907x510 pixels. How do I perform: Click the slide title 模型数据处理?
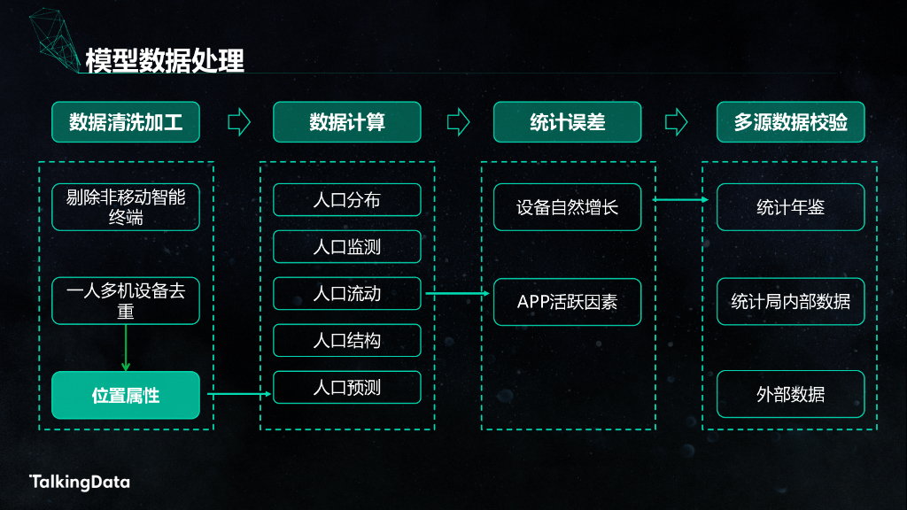(165, 59)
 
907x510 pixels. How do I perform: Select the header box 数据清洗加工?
(126, 122)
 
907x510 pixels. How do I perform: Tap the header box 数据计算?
(346, 122)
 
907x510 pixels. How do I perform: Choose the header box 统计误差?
(567, 122)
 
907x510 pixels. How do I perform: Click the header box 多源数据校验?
(790, 122)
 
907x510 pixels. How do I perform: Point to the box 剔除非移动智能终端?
(126, 207)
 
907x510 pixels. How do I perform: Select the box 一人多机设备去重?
(126, 301)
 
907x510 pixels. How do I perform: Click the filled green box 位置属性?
(126, 395)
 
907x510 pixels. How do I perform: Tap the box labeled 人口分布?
(346, 199)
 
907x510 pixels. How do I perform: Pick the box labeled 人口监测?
(346, 246)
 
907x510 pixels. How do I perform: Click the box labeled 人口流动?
(346, 293)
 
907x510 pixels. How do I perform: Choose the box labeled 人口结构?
(346, 340)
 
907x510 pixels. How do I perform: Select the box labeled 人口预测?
(346, 387)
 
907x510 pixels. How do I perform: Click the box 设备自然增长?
(567, 207)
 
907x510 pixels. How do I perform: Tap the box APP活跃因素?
(567, 301)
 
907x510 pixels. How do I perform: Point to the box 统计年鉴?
(790, 207)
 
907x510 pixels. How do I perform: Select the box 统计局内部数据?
(790, 301)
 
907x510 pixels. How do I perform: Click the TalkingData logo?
(80, 482)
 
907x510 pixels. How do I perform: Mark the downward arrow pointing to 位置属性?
(126, 348)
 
